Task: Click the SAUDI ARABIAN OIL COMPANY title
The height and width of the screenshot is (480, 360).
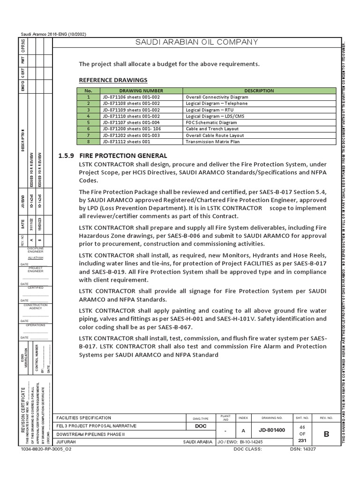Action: (x=196, y=42)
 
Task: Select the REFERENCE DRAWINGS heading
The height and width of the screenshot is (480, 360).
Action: (x=113, y=80)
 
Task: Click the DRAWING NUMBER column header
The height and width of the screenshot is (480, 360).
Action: (x=141, y=90)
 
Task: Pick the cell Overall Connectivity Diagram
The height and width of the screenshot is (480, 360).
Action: (x=217, y=97)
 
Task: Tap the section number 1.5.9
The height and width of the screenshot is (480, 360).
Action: (x=66, y=156)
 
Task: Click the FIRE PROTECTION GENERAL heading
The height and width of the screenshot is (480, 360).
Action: (x=123, y=156)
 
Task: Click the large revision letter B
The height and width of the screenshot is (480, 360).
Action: (x=326, y=434)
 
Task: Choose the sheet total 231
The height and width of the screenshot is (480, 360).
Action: (x=302, y=441)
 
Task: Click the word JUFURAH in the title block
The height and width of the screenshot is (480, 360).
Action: (x=66, y=442)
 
